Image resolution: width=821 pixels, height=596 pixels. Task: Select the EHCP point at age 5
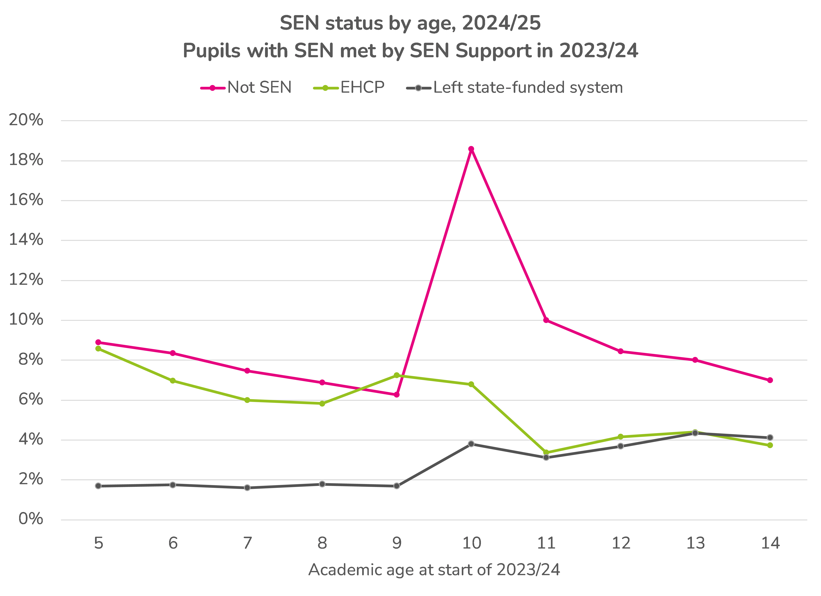pos(98,348)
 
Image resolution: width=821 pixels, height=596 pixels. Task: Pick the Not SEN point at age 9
pos(397,394)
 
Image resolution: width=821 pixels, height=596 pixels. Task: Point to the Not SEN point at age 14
pos(770,380)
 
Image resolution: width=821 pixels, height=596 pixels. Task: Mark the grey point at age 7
pos(247,488)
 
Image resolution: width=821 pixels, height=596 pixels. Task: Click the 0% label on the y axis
pos(31,519)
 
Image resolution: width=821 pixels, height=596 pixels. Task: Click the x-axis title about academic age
pos(434,570)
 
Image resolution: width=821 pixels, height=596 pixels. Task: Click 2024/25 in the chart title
pos(501,23)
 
